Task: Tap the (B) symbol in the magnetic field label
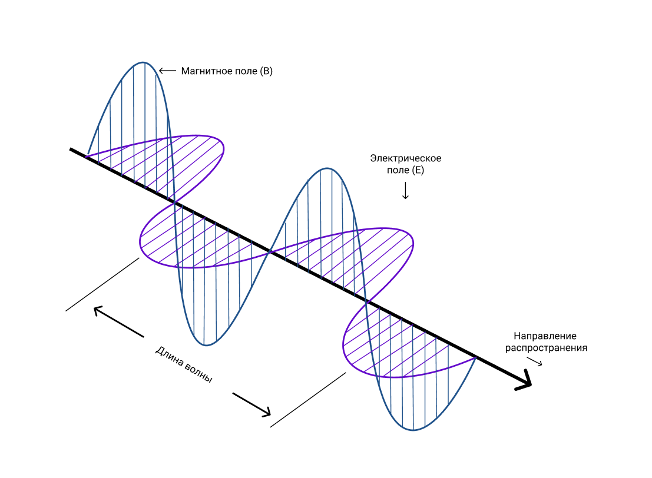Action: click(266, 71)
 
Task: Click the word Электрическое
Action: click(405, 158)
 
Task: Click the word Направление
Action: click(545, 336)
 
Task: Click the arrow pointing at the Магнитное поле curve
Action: click(168, 71)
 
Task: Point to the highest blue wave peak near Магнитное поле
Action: click(143, 62)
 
